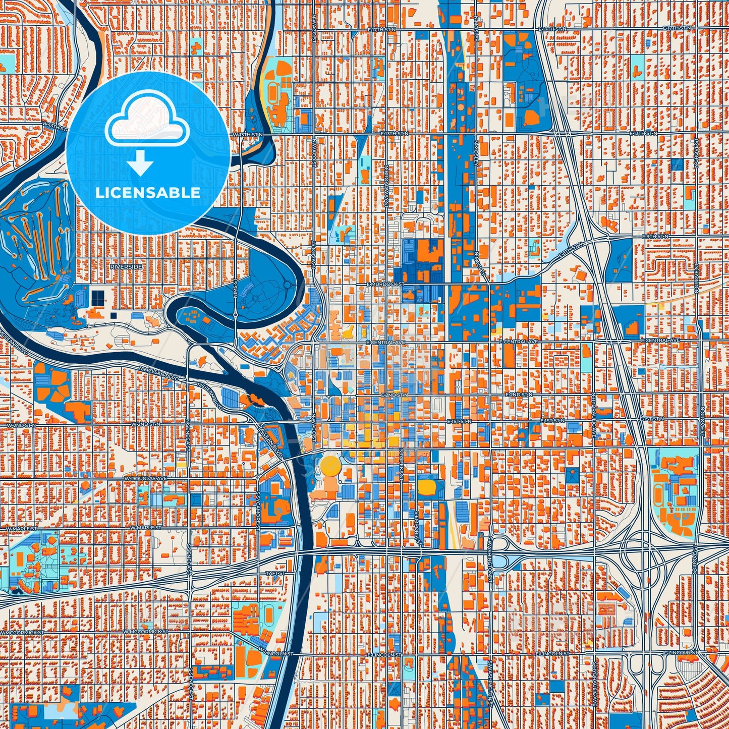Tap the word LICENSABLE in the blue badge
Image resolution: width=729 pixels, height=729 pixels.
coord(148,193)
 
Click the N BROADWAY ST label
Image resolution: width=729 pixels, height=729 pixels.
coord(387,186)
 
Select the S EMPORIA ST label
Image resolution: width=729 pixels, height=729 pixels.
coord(417,527)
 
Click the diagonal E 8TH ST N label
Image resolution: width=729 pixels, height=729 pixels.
coord(570,251)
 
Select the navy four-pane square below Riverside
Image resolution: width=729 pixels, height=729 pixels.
coord(97,297)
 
